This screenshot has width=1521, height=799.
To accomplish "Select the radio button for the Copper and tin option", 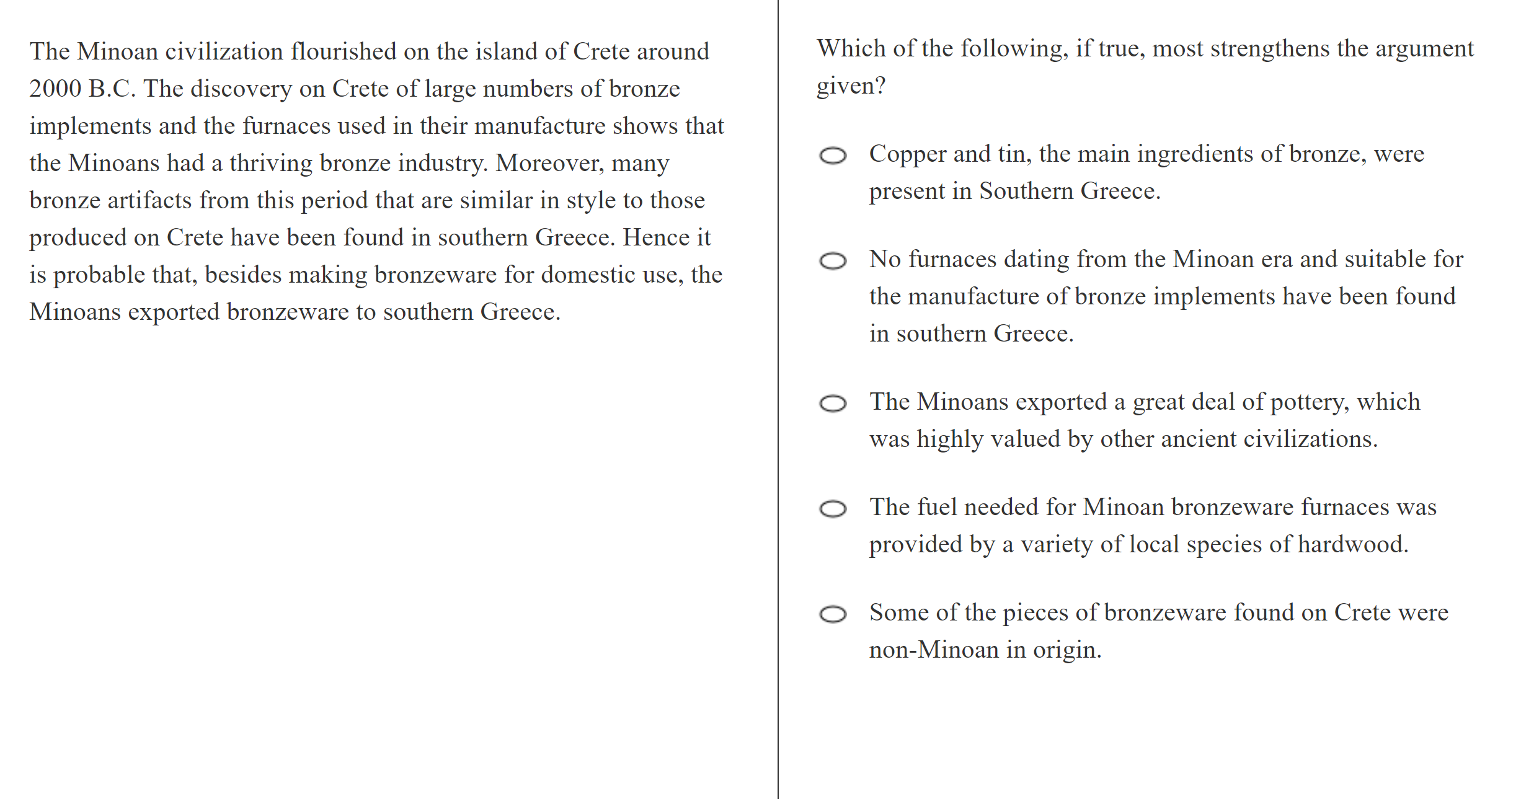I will (833, 156).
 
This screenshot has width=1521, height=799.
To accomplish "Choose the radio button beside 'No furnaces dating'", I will (833, 261).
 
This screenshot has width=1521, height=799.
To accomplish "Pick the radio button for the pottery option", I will (833, 404).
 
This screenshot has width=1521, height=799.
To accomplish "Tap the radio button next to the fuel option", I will (833, 509).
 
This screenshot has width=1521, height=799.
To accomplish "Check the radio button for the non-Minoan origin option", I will (833, 614).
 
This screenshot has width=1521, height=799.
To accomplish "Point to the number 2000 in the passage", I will (55, 89).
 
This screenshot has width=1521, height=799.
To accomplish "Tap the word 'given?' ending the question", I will (851, 86).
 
